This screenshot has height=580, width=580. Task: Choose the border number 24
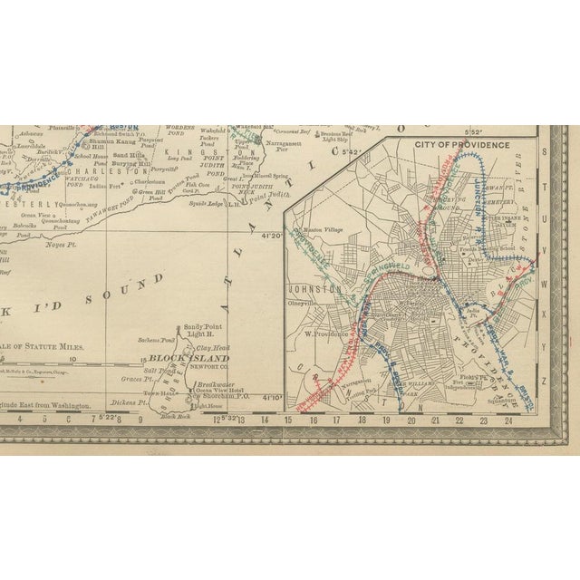508,420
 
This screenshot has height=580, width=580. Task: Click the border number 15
288,420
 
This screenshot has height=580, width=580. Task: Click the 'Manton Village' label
321,230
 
